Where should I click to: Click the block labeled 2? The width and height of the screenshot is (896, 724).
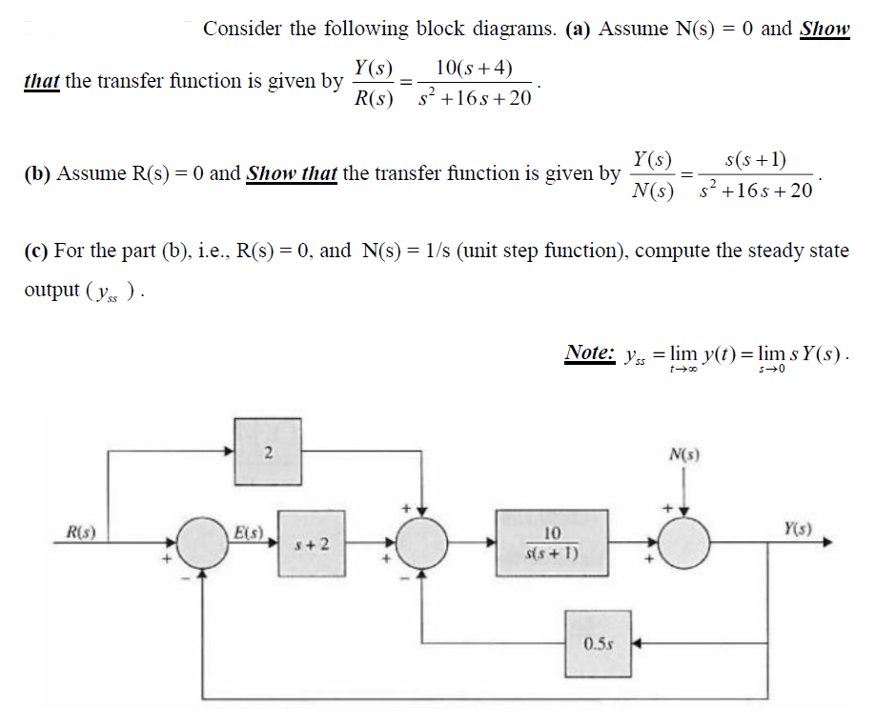(x=269, y=452)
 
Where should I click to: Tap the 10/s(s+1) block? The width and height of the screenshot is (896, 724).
(x=551, y=543)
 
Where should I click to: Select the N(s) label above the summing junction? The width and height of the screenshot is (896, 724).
(x=684, y=454)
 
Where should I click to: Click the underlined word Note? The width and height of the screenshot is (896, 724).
(x=589, y=352)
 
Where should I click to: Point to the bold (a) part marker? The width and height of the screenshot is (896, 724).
(x=578, y=29)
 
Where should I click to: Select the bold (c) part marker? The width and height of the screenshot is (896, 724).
(x=36, y=251)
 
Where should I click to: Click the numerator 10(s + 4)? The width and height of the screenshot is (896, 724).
(x=473, y=68)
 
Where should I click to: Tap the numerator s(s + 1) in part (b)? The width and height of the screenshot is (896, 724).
(x=755, y=159)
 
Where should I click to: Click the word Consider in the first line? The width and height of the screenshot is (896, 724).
(x=243, y=29)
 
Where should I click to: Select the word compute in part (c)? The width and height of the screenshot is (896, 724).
(x=673, y=251)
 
